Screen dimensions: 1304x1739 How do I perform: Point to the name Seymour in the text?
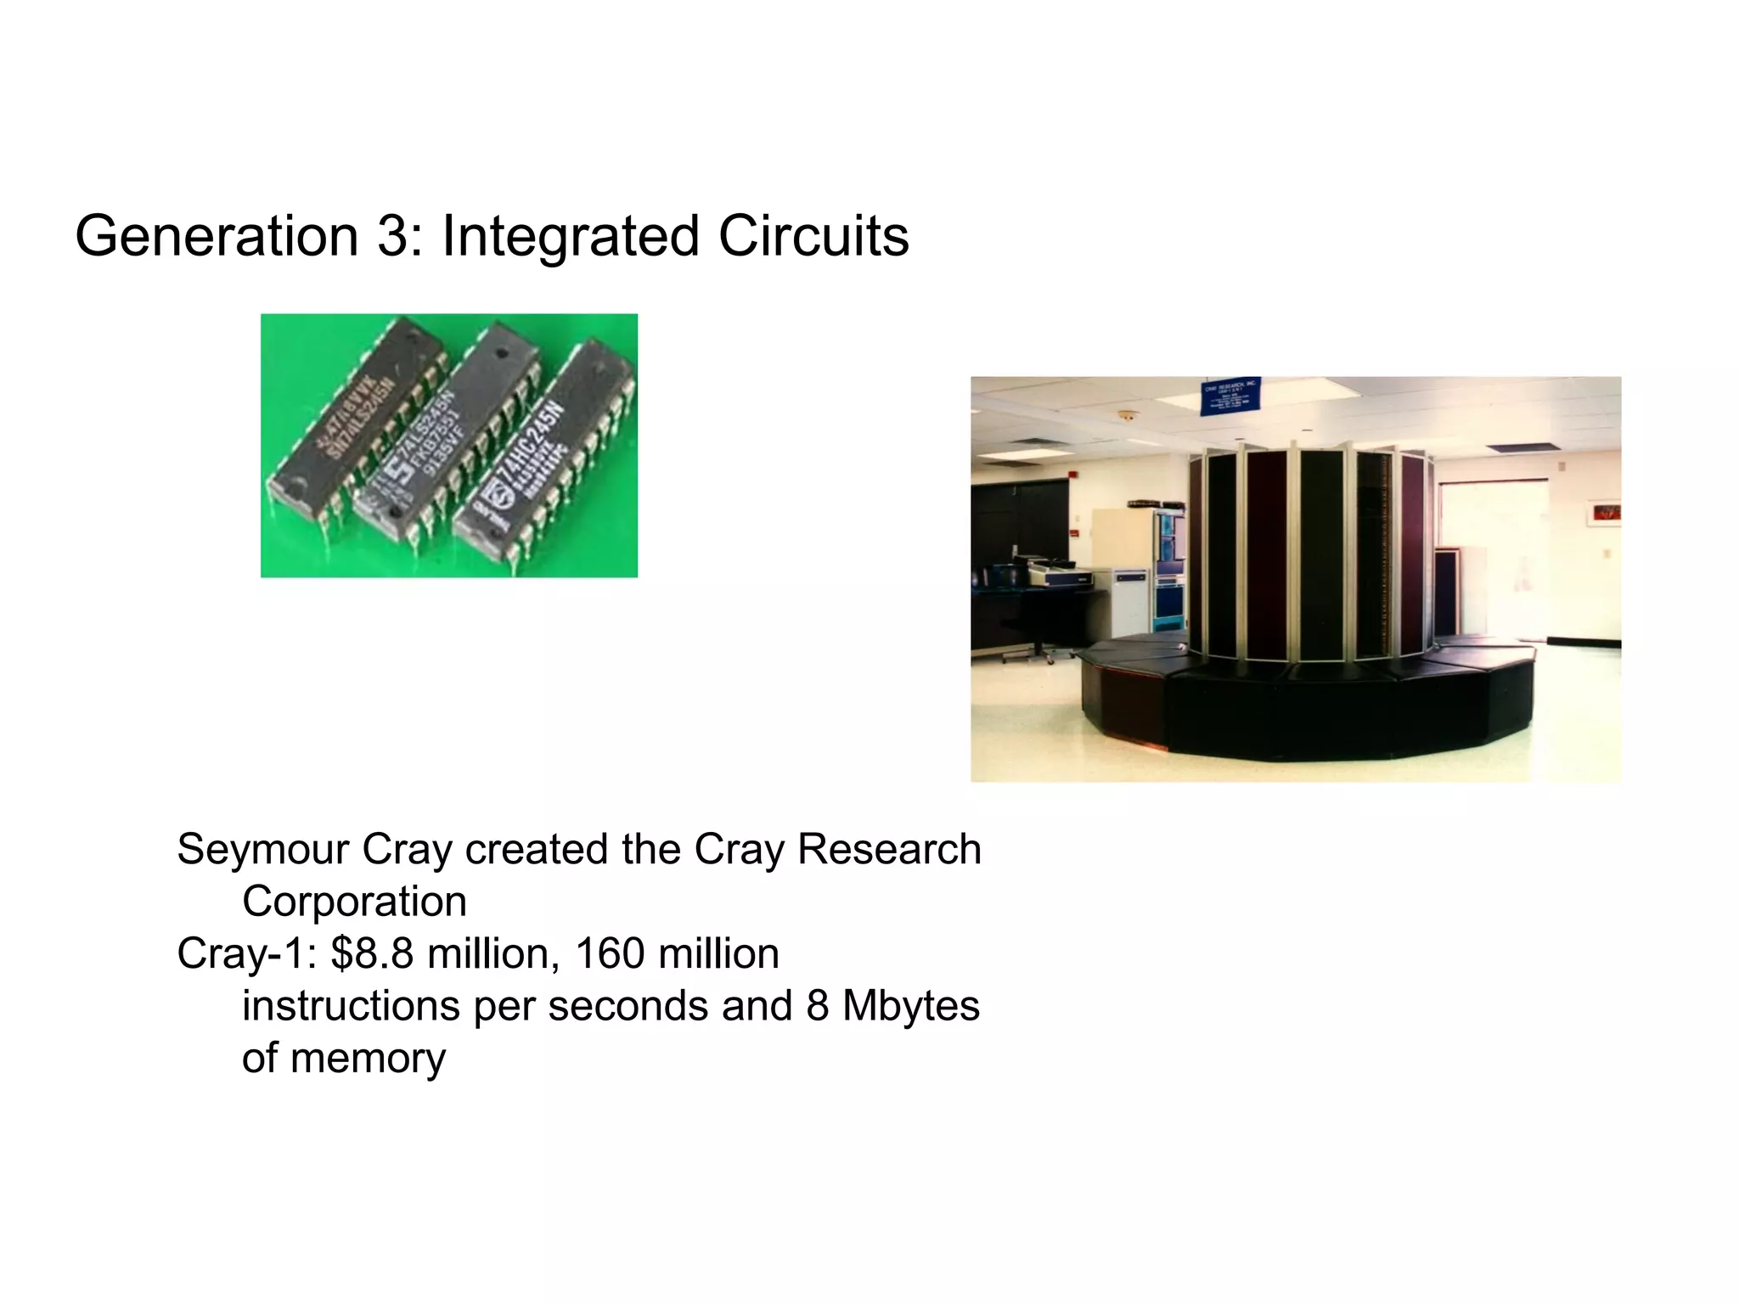262,850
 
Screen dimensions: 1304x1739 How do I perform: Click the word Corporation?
354,902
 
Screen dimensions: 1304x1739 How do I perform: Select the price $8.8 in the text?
372,953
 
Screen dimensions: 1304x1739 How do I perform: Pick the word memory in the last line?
368,1058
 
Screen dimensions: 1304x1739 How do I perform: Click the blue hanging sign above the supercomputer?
1231,396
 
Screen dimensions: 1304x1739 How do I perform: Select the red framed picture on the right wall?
1603,512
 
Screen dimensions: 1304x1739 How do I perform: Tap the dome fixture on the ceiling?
1127,416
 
